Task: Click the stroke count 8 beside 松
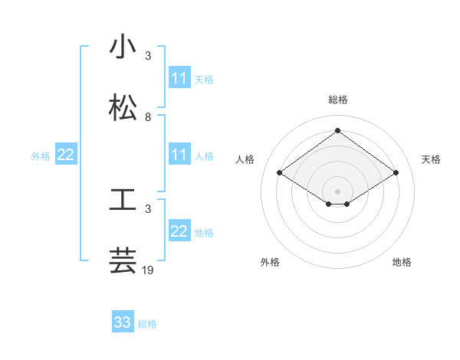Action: coord(148,117)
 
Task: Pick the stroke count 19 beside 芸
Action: coord(149,270)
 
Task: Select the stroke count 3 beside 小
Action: coord(148,56)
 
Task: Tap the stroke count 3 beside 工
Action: coord(148,208)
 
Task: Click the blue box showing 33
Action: coord(123,322)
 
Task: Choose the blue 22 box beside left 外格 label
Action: coord(65,155)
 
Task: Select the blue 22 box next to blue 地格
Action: coord(179,231)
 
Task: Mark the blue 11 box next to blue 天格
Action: coord(179,78)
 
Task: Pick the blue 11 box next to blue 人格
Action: coord(179,155)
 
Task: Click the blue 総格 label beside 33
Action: coord(147,324)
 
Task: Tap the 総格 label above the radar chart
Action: coord(337,100)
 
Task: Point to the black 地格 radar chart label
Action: coord(402,262)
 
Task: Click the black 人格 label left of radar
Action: coord(245,159)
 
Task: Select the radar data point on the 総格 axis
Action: coord(337,130)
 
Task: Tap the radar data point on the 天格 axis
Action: coord(396,173)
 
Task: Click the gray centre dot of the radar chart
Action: coord(337,191)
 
